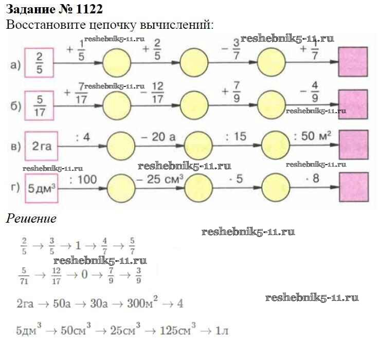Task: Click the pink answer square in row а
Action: pos(352,62)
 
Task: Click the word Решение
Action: pos(31,218)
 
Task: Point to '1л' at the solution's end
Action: pos(222,329)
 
